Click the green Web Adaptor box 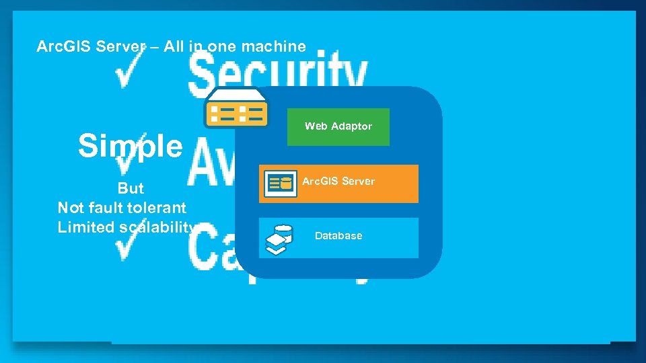pos(338,126)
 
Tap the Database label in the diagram pos(338,236)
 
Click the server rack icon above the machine pos(236,108)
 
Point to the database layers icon pos(279,239)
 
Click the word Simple pos(130,145)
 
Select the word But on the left pos(131,188)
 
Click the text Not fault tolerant pos(122,208)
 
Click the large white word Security pos(278,72)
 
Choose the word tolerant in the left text pos(157,208)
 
